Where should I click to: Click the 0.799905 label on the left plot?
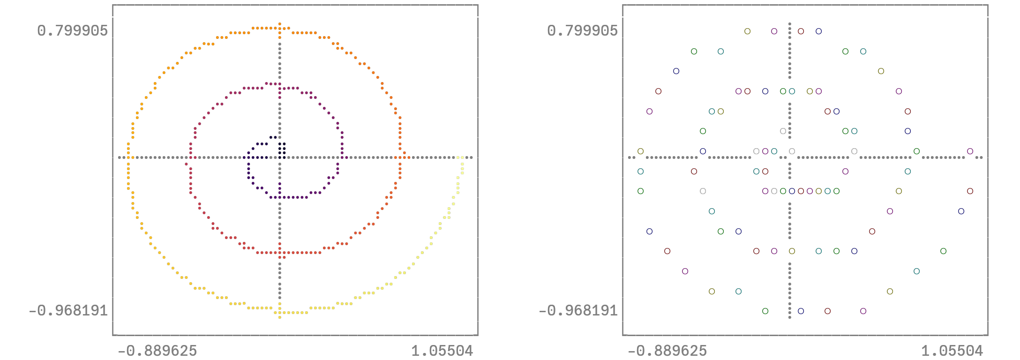click(72, 31)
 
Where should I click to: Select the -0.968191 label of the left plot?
click(68, 310)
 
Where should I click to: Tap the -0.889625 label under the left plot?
click(157, 351)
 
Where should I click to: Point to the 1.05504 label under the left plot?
click(442, 351)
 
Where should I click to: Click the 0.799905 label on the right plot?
click(582, 31)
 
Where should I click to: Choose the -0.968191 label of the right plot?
click(578, 310)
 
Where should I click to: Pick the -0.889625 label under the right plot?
click(667, 351)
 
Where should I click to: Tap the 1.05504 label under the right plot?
click(952, 351)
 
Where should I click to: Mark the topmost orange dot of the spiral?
click(280, 23)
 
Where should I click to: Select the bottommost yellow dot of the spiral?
click(280, 317)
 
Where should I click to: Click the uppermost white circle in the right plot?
click(783, 131)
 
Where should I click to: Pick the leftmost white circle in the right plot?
click(703, 191)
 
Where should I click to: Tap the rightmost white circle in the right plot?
click(854, 151)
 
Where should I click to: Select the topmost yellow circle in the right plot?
click(747, 31)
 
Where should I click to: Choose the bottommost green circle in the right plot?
click(765, 311)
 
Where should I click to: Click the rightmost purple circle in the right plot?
click(970, 151)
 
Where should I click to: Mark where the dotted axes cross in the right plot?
click(790, 157)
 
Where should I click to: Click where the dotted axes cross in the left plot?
click(280, 157)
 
